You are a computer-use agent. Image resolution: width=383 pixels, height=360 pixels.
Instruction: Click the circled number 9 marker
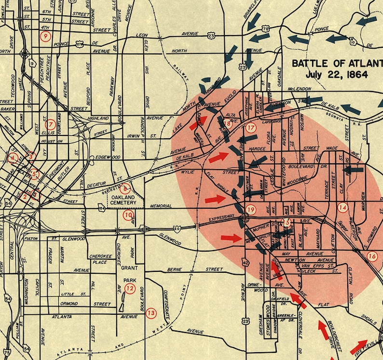coord(45,37)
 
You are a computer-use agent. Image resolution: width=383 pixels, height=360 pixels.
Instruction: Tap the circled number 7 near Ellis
coord(50,122)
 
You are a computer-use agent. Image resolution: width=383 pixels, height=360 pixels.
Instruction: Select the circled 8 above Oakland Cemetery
coord(125,188)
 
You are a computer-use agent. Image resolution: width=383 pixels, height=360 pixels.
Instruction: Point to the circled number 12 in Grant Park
coord(129,288)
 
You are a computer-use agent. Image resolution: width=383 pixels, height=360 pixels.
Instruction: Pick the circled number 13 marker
coord(151,313)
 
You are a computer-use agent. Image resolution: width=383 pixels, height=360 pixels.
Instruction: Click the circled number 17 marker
coord(250,128)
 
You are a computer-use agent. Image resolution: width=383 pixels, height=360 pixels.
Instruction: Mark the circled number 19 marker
coord(250,209)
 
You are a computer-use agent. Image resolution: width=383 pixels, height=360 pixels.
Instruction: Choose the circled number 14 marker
coord(342,208)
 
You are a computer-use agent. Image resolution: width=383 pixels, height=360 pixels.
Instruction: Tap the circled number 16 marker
coord(371,256)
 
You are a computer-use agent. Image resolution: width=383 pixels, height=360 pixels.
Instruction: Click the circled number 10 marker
coord(128,215)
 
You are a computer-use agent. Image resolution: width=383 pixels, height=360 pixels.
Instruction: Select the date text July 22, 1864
coord(336,75)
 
